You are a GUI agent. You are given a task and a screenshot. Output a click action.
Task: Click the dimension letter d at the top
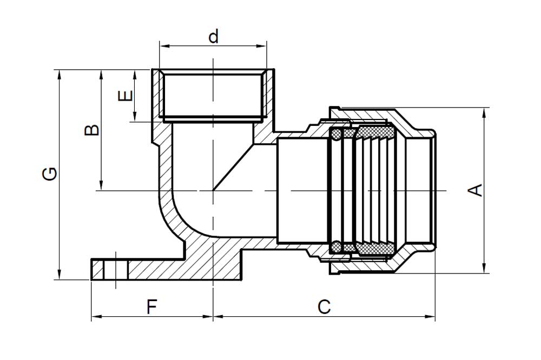tap(214, 37)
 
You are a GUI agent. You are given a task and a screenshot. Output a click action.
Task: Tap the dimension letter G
tap(50, 174)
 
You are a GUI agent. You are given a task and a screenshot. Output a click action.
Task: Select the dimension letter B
tap(92, 130)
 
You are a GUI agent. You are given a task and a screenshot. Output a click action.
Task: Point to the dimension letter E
tap(126, 96)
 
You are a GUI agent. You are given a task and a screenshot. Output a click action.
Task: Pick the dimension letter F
tap(152, 306)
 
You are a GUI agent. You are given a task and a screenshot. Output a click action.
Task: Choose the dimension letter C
tap(324, 306)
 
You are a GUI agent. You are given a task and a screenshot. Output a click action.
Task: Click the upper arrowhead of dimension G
tap(60, 75)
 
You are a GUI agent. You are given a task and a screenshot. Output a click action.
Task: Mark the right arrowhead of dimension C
tap(430, 316)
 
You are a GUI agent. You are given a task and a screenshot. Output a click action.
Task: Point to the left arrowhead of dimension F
tap(97, 316)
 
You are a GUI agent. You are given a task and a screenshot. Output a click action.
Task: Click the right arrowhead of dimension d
tap(261, 46)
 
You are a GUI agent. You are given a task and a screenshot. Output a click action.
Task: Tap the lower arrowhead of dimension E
tap(135, 116)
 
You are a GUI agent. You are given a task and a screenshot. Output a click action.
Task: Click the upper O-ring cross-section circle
tap(336, 134)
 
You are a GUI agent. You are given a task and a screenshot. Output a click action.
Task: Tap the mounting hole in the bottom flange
tap(116, 269)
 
